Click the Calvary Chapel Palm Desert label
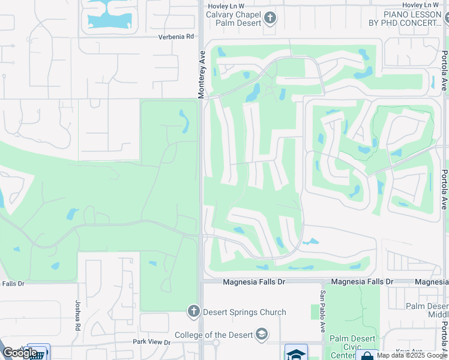[x=235, y=19]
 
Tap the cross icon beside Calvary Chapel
[x=270, y=18]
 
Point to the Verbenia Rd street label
[x=176, y=37]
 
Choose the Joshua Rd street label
[x=77, y=316]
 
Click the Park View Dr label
[x=151, y=342]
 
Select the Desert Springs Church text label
[x=244, y=312]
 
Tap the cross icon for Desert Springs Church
[x=193, y=311]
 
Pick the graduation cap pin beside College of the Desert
[x=261, y=334]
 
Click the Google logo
[x=20, y=353]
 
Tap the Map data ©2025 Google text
[x=412, y=355]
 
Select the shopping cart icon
[x=38, y=354]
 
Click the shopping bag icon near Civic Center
[x=367, y=356]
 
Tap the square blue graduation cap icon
[x=296, y=353]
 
